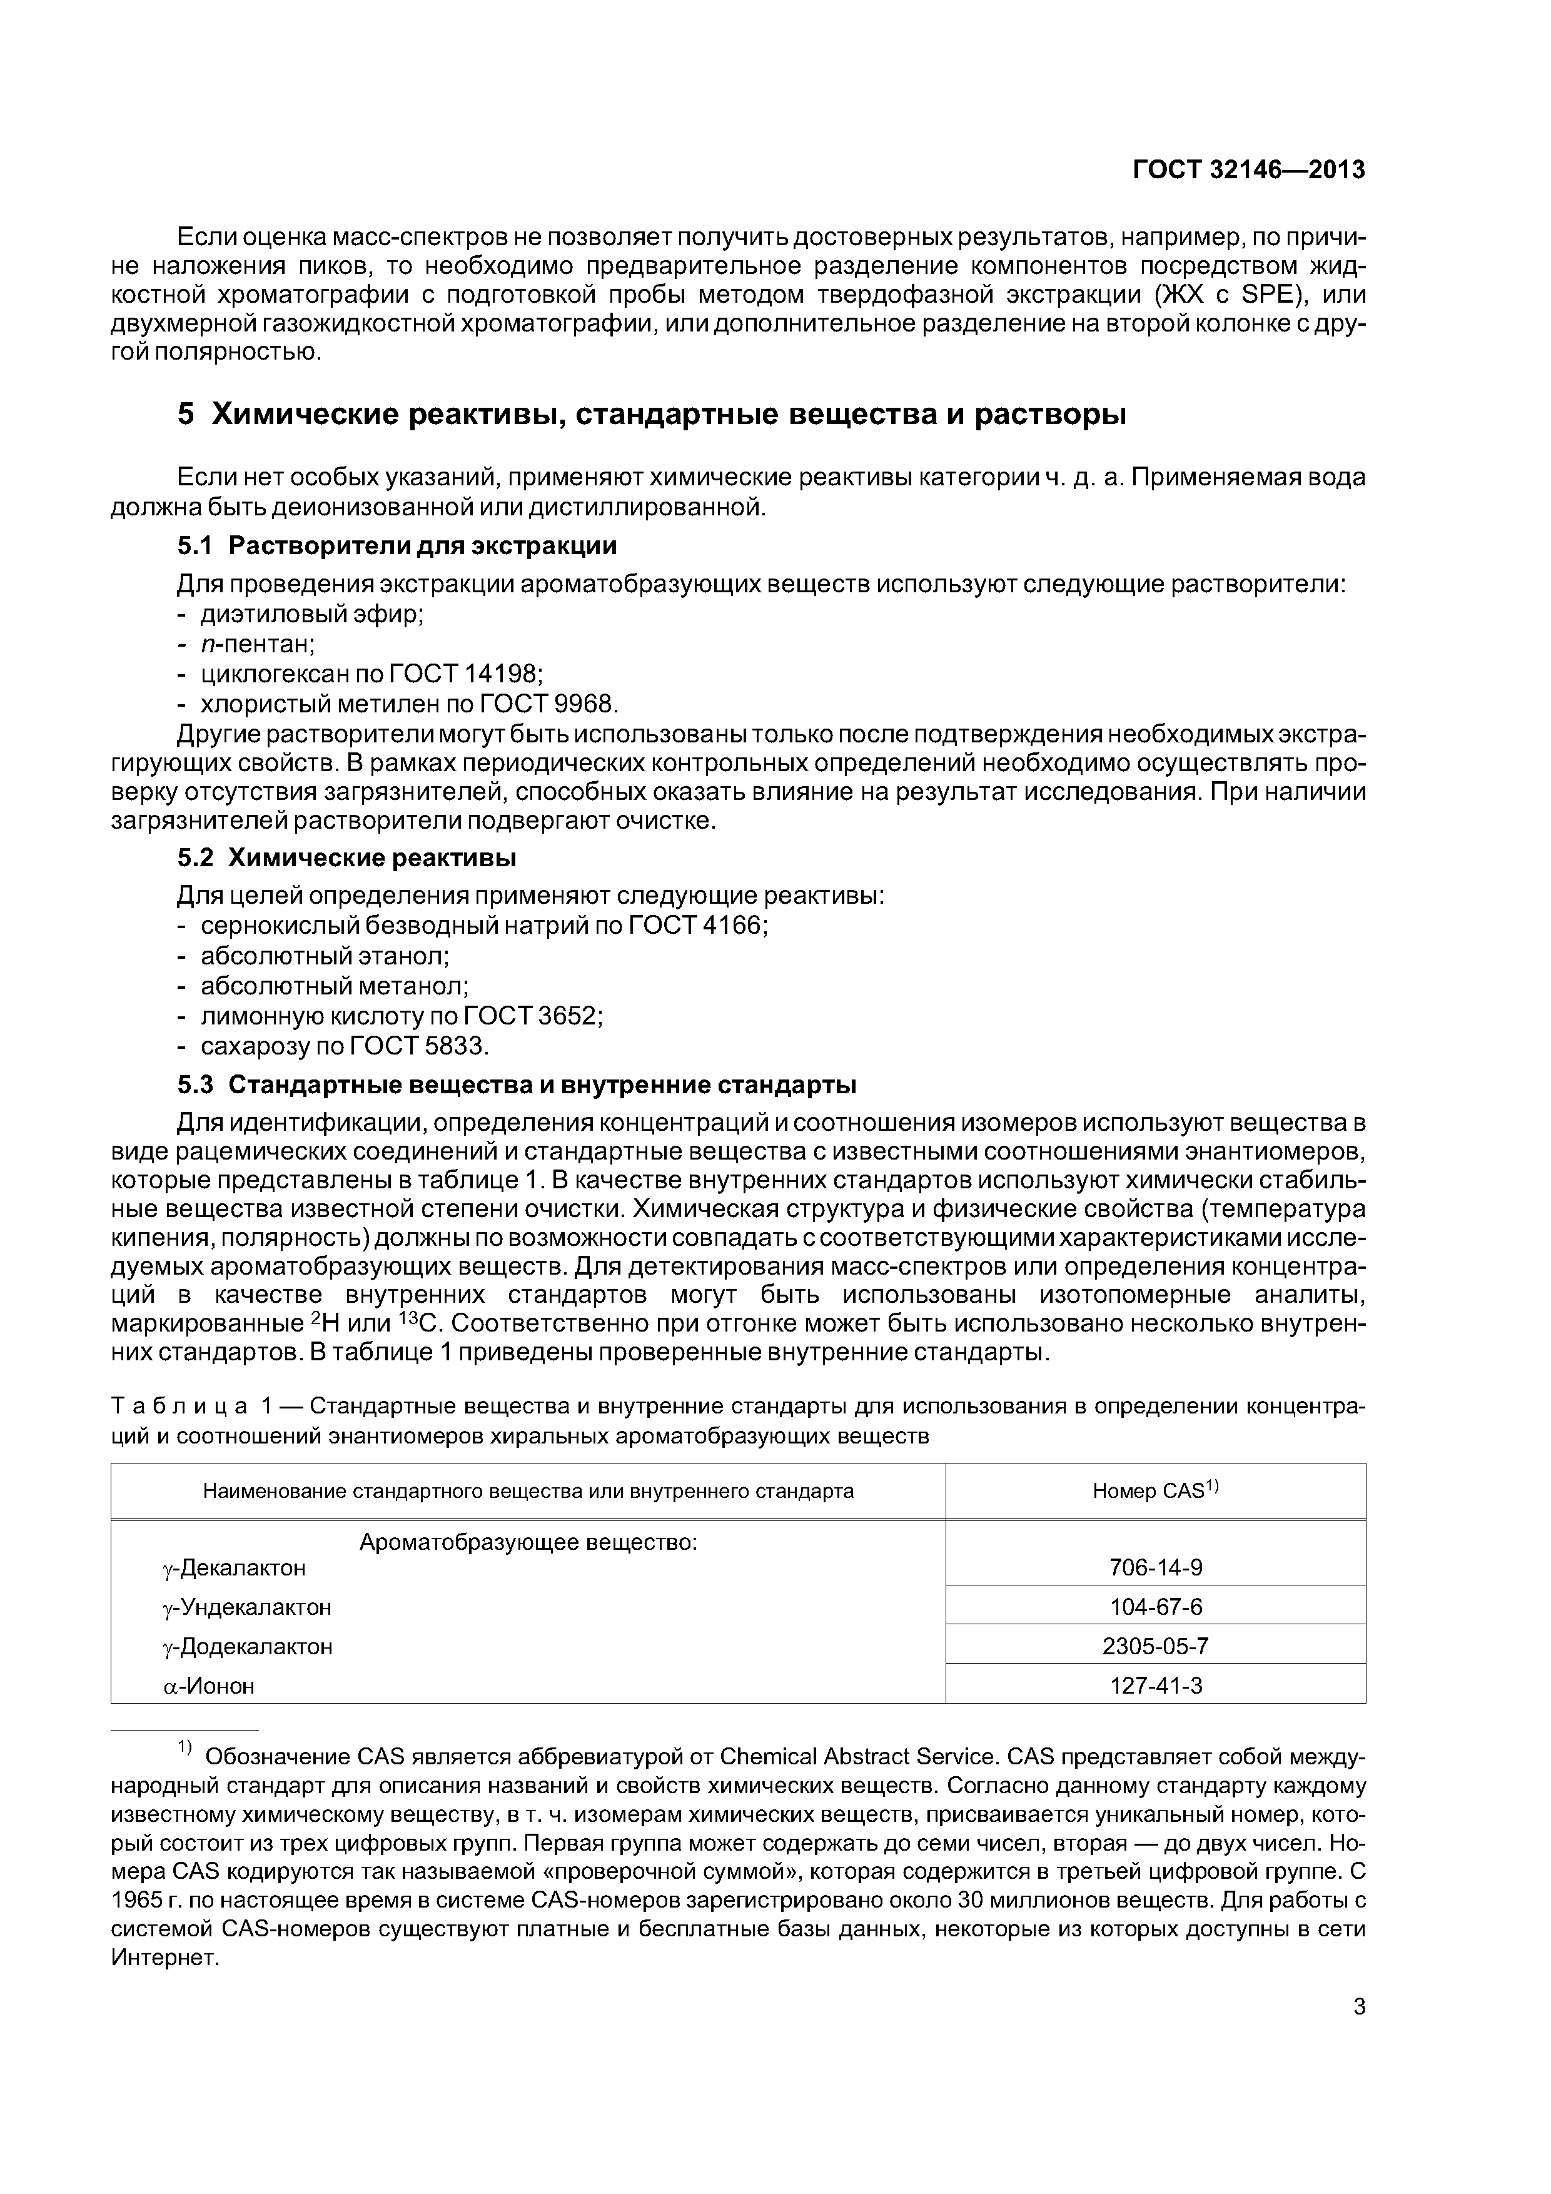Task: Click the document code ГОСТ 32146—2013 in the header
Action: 1248,170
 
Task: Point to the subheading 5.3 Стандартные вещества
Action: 516,1086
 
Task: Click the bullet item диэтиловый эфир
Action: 311,614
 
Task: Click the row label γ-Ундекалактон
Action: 248,1607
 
